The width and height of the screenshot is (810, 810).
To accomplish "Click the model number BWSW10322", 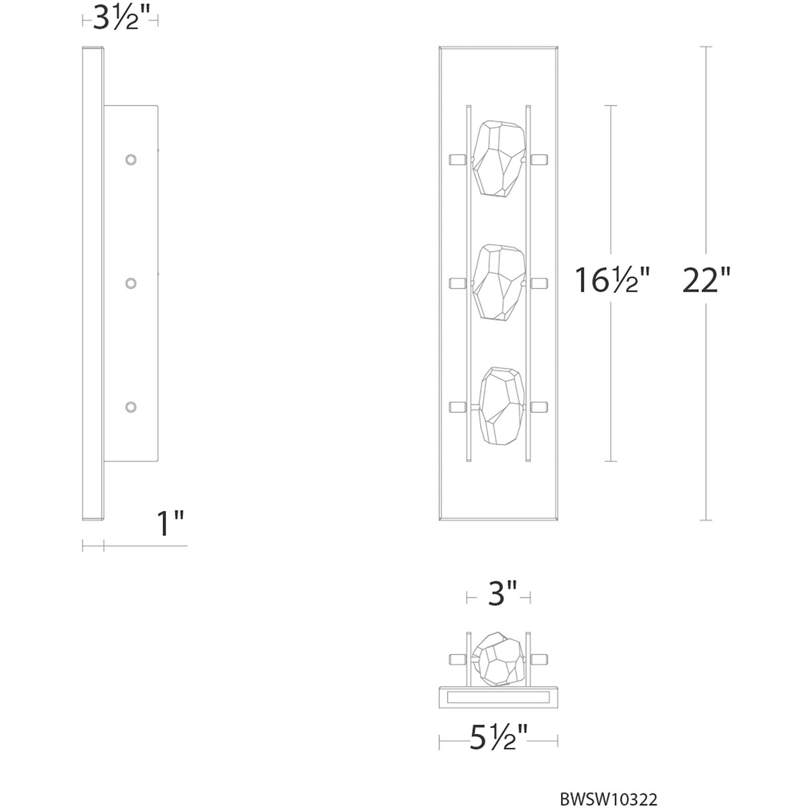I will (608, 799).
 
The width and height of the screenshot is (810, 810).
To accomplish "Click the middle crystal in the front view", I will (499, 282).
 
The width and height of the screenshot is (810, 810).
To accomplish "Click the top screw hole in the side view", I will (131, 160).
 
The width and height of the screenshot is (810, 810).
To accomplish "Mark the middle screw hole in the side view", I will (131, 283).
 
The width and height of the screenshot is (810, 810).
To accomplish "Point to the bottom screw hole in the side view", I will (131, 407).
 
